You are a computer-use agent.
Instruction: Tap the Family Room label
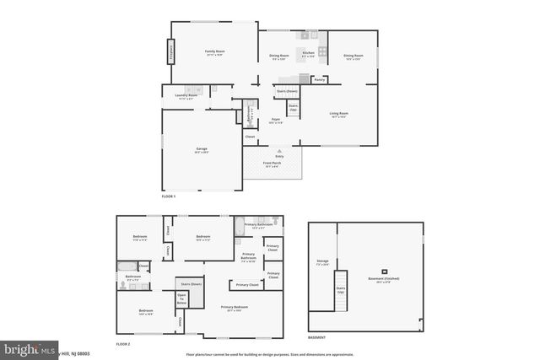(214, 52)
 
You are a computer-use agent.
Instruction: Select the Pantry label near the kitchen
(319, 80)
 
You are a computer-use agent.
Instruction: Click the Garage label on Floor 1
(202, 150)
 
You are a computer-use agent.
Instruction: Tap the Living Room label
(338, 114)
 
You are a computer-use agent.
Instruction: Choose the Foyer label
(276, 121)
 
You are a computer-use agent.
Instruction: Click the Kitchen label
(308, 54)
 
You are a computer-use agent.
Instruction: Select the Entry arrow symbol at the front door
(279, 150)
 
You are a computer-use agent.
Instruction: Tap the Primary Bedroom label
(233, 308)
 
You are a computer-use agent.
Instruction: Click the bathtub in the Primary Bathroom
(240, 224)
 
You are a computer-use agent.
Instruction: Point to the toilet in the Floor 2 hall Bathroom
(122, 287)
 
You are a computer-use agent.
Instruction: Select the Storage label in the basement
(322, 262)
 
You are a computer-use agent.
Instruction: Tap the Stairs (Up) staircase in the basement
(342, 291)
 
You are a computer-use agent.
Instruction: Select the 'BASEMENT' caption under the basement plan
(317, 337)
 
